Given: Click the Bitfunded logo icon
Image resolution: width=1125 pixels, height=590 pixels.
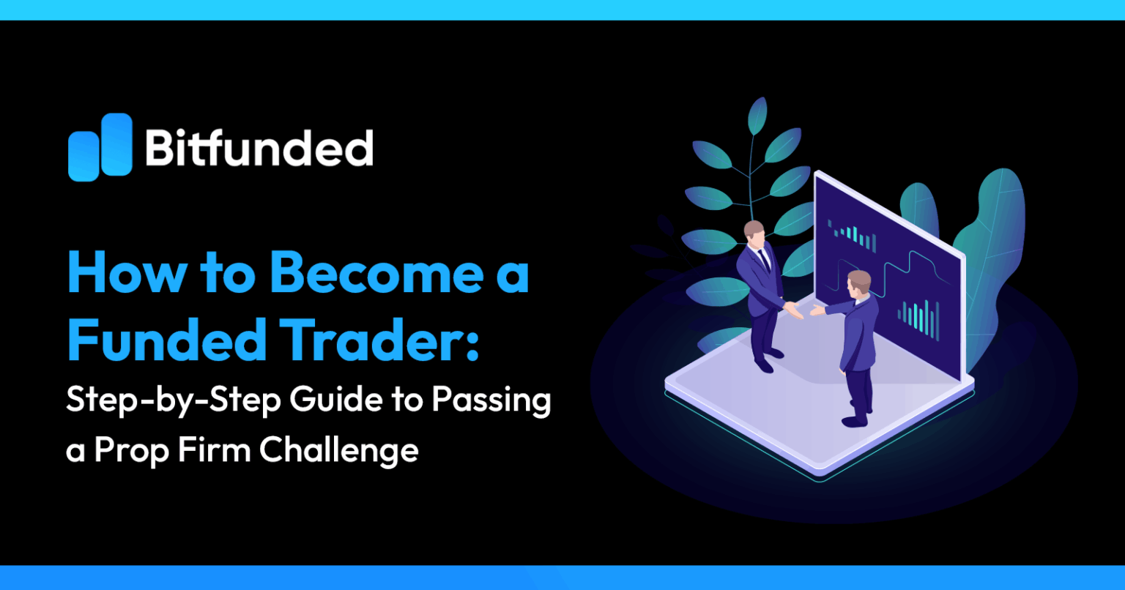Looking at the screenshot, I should (x=100, y=147).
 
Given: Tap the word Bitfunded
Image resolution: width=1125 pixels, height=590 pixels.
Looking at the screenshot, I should (x=259, y=148).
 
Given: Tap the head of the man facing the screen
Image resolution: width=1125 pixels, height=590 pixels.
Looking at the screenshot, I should (x=858, y=282).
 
